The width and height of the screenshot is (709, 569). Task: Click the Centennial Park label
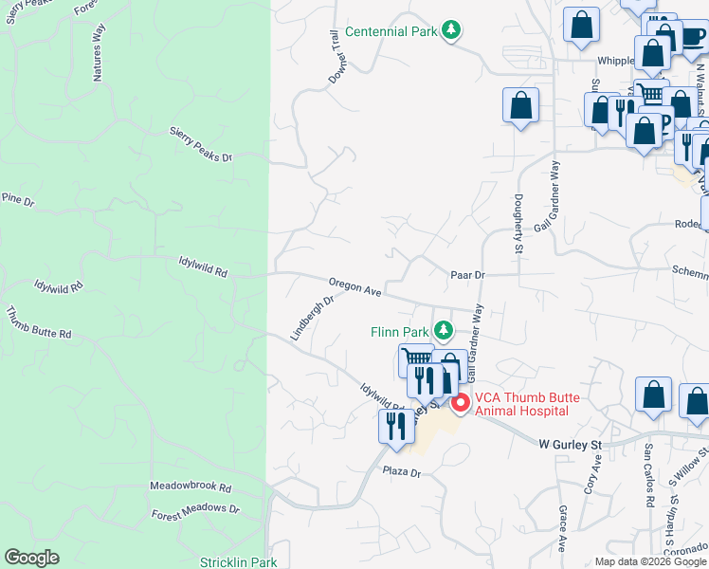pyautogui.click(x=391, y=31)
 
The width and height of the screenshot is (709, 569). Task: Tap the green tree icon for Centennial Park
pyautogui.click(x=453, y=31)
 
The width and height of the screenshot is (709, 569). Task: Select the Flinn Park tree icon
pyautogui.click(x=443, y=331)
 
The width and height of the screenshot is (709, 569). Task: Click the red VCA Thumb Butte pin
pyautogui.click(x=461, y=403)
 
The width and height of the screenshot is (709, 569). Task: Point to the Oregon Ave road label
pyautogui.click(x=355, y=287)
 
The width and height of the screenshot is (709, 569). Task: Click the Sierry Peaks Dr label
pyautogui.click(x=201, y=143)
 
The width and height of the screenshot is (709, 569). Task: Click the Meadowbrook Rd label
pyautogui.click(x=191, y=486)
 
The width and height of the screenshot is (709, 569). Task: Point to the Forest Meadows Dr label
pyautogui.click(x=195, y=511)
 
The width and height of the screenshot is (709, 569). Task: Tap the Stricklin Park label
pyautogui.click(x=238, y=562)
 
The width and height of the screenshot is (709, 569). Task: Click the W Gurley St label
pyautogui.click(x=571, y=443)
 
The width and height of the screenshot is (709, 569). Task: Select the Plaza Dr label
pyautogui.click(x=402, y=471)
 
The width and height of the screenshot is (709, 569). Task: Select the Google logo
pyautogui.click(x=32, y=558)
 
